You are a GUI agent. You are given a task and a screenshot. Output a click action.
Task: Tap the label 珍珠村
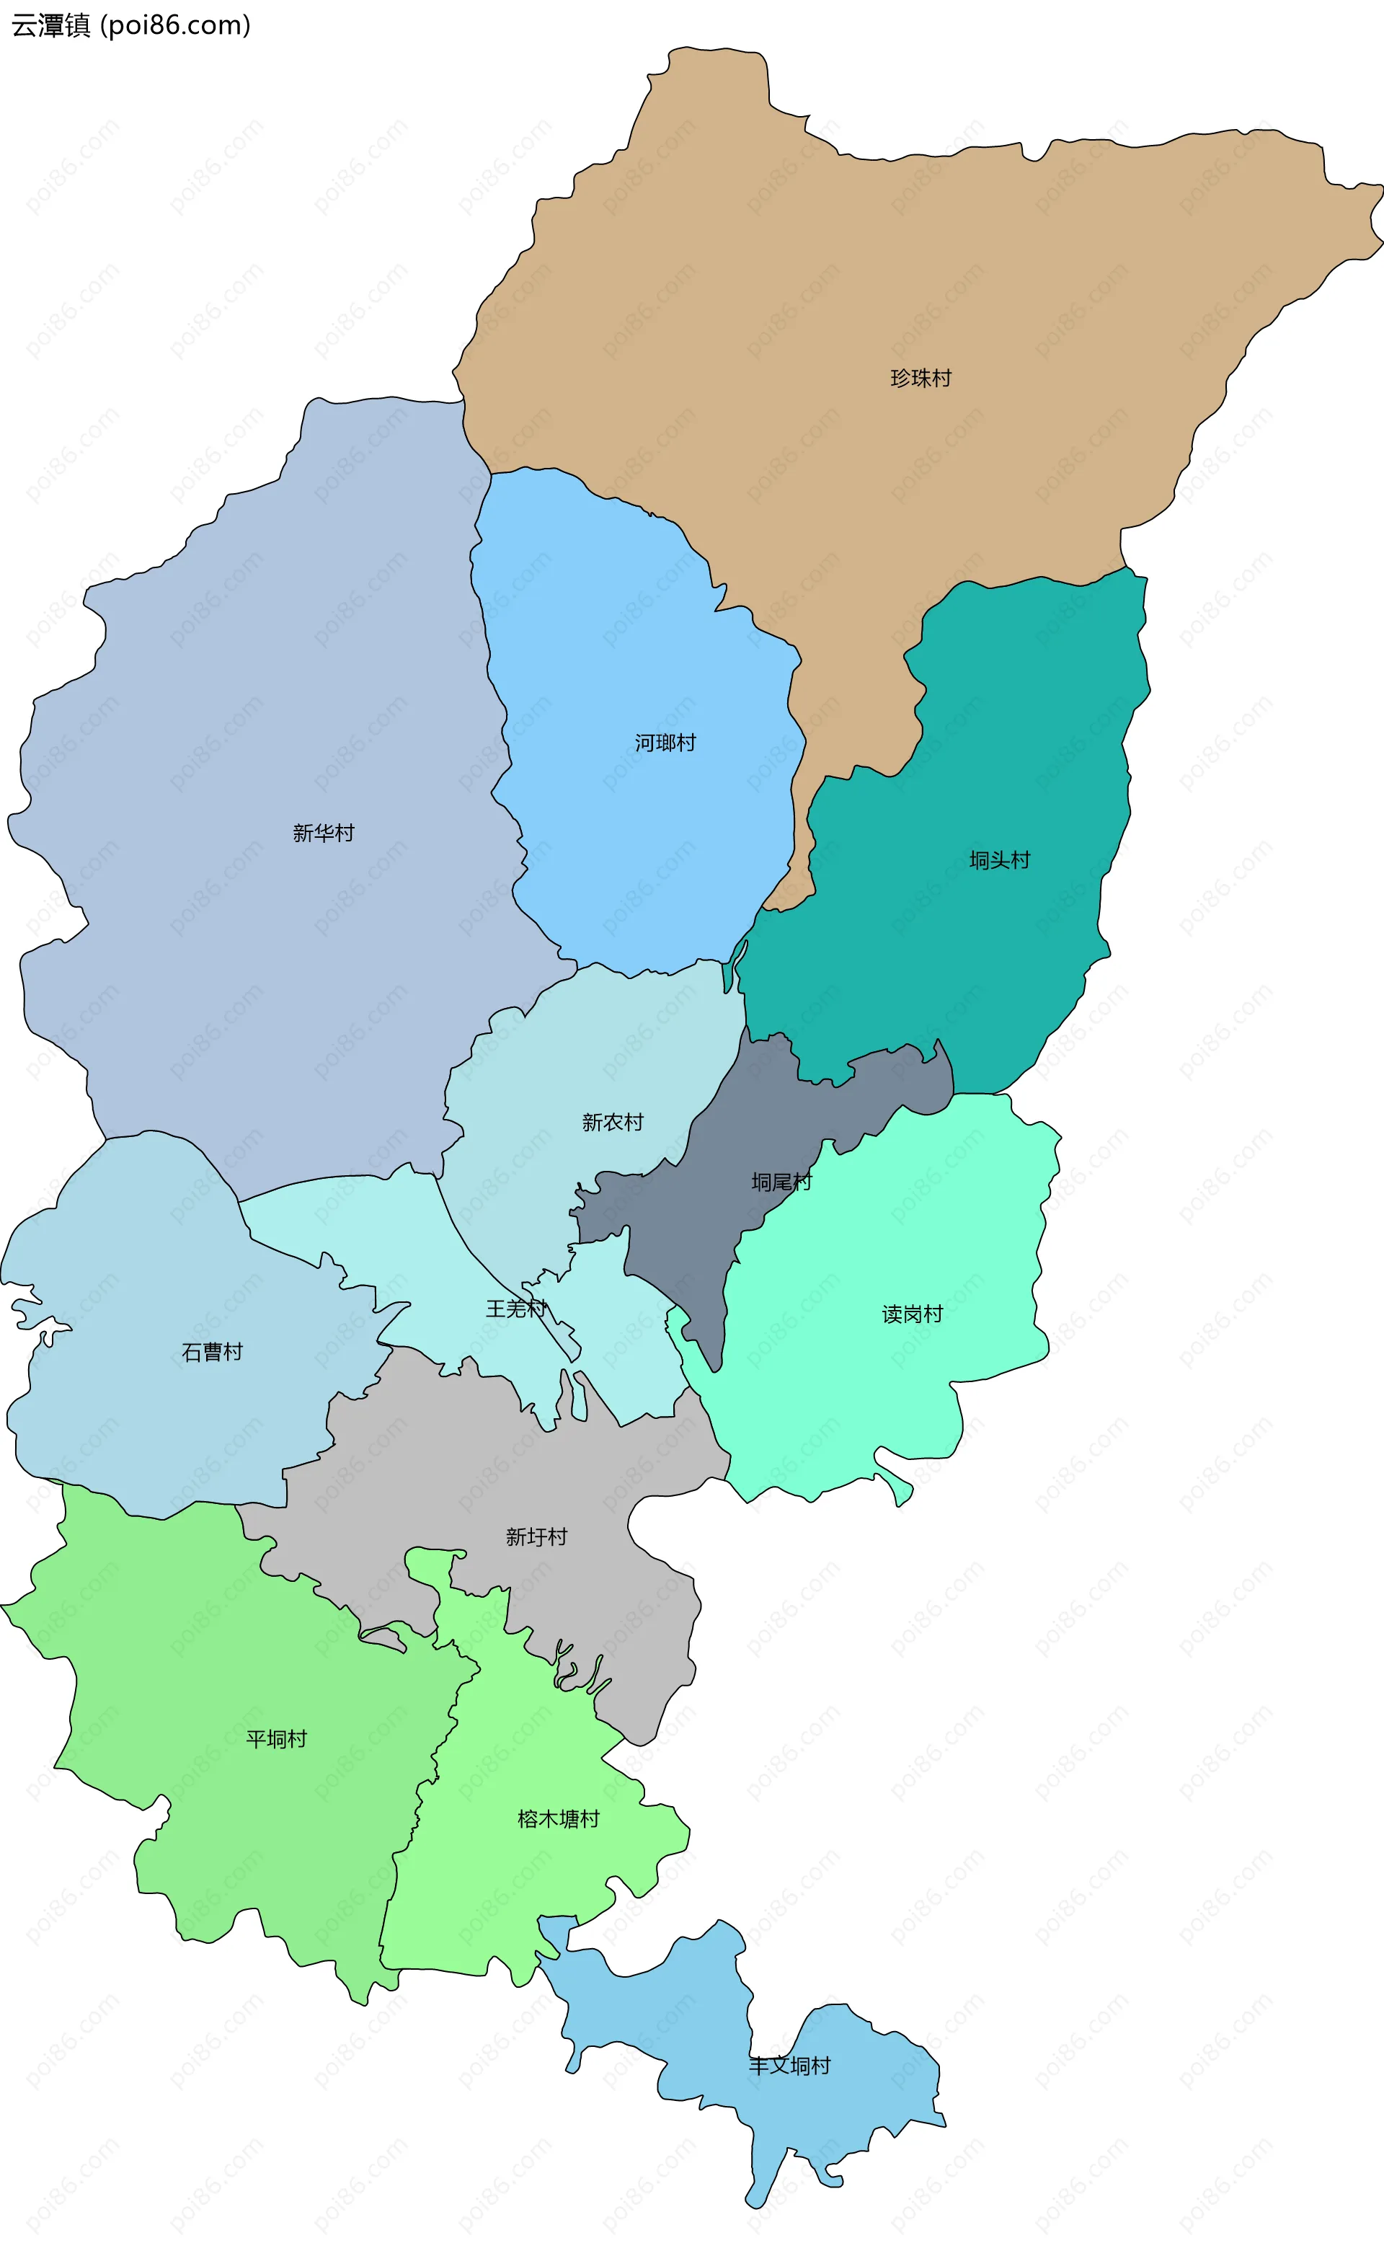click(921, 378)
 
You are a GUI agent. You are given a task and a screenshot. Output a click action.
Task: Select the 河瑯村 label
click(665, 743)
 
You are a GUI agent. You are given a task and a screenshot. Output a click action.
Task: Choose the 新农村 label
click(613, 1123)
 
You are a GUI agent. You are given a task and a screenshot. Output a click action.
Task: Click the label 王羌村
click(516, 1309)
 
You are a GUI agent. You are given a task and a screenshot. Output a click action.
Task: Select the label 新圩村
click(536, 1537)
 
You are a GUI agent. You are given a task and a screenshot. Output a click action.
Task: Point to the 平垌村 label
click(276, 1740)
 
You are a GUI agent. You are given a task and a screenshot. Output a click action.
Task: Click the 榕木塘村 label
click(559, 1819)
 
